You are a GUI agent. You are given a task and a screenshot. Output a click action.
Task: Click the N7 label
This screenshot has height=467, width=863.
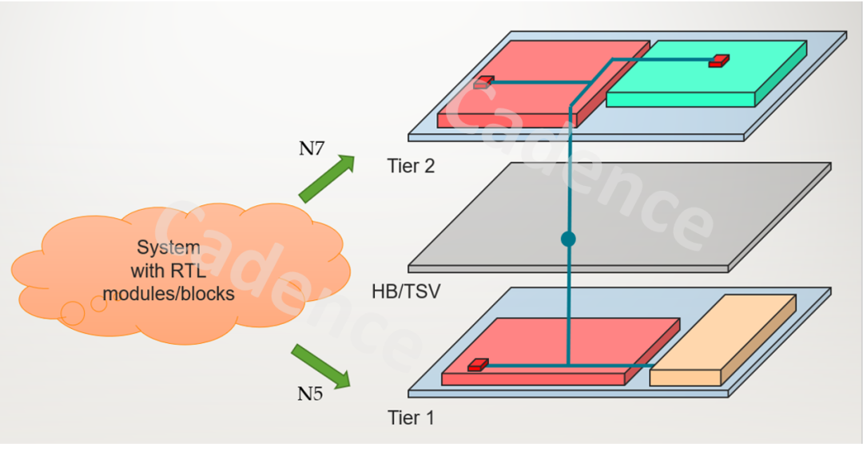click(312, 148)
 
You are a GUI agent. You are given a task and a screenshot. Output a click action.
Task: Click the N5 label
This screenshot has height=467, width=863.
click(311, 393)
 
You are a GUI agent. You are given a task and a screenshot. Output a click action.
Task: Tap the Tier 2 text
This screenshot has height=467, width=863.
click(411, 166)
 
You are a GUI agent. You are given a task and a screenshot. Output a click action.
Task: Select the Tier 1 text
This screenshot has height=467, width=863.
click(411, 417)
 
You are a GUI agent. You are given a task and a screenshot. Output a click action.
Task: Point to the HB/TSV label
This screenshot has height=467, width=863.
click(406, 291)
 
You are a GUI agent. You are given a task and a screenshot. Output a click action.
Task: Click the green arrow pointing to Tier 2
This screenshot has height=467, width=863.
click(327, 178)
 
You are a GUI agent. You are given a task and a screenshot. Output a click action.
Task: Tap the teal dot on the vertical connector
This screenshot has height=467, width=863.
click(568, 238)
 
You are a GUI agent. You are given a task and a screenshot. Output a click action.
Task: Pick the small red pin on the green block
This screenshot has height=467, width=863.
click(719, 60)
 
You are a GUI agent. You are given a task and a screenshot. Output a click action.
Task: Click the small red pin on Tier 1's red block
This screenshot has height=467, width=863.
click(478, 364)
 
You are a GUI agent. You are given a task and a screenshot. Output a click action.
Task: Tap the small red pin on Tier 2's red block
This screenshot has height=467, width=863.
click(483, 81)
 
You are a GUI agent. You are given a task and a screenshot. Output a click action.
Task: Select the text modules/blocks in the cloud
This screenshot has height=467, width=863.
click(169, 294)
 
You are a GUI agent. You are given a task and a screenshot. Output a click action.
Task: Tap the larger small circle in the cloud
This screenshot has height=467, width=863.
click(72, 313)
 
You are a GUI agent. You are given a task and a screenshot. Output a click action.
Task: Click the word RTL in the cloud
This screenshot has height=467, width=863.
click(189, 271)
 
